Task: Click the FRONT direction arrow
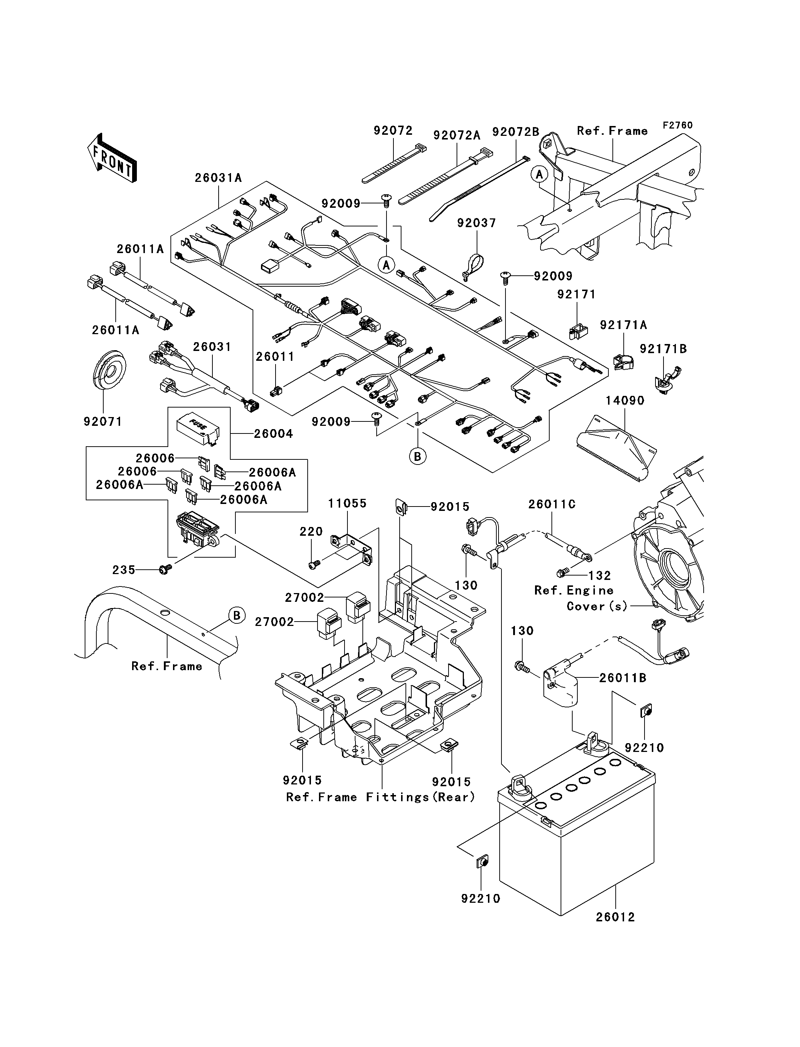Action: (x=112, y=158)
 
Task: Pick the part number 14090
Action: (x=625, y=400)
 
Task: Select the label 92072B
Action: (x=516, y=131)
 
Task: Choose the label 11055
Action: (x=347, y=503)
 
